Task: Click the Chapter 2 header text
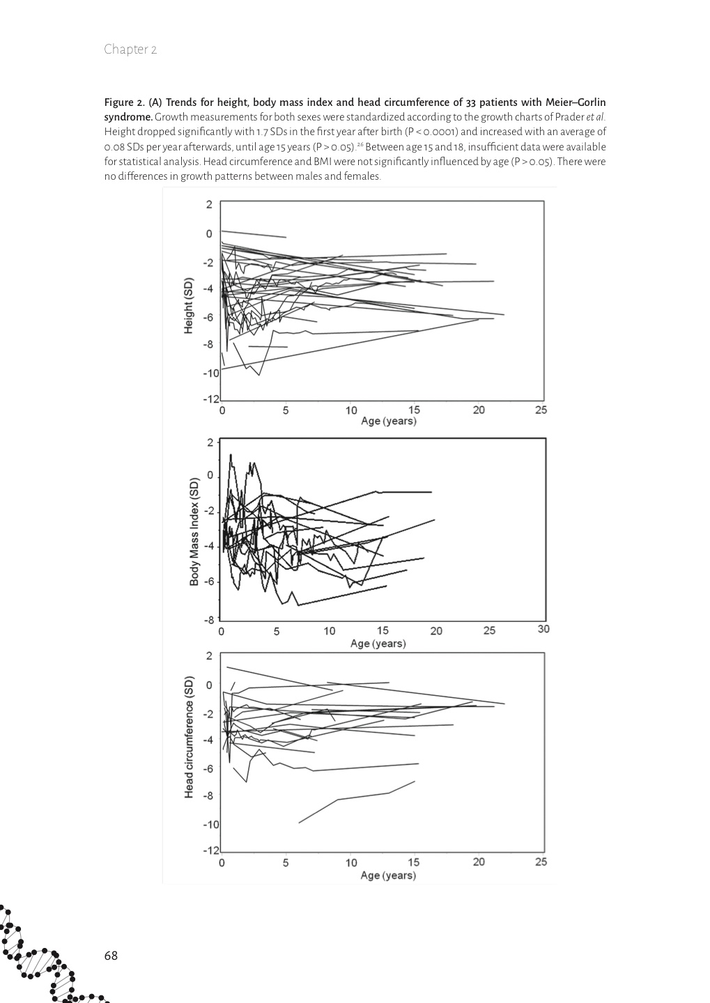130,49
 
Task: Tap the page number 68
111,955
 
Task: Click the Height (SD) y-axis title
188,306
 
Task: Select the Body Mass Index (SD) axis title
194,531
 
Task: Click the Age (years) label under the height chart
388,421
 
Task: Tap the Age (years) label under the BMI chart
378,644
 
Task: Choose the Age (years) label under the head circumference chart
388,876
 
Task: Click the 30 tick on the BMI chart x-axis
543,629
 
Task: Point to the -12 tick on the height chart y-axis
210,399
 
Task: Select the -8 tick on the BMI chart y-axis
209,619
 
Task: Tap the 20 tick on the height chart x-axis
479,410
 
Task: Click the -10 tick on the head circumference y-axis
210,824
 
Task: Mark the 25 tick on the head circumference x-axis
541,862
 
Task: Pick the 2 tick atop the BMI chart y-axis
210,442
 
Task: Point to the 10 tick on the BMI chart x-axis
329,631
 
